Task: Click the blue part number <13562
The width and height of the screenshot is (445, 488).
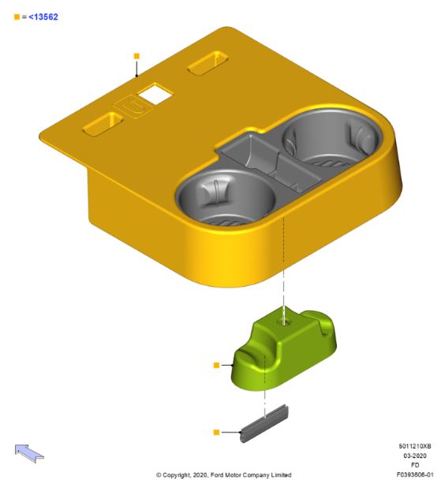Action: (43, 17)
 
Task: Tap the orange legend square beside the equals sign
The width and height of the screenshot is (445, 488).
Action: (17, 17)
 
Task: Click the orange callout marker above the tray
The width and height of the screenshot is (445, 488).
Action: (136, 56)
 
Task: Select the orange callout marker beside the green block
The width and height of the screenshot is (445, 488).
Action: (216, 365)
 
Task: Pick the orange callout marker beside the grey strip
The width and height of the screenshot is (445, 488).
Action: (216, 432)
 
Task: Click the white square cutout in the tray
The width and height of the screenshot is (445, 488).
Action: (155, 93)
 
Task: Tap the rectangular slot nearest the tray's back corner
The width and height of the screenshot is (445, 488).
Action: (208, 63)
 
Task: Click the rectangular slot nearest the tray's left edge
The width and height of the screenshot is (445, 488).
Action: (103, 123)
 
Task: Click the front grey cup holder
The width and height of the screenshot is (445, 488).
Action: (225, 197)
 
